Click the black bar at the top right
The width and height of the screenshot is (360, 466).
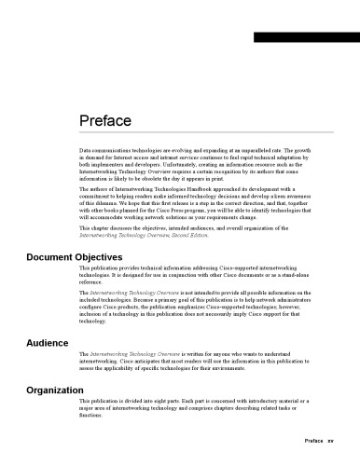coord(306,37)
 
